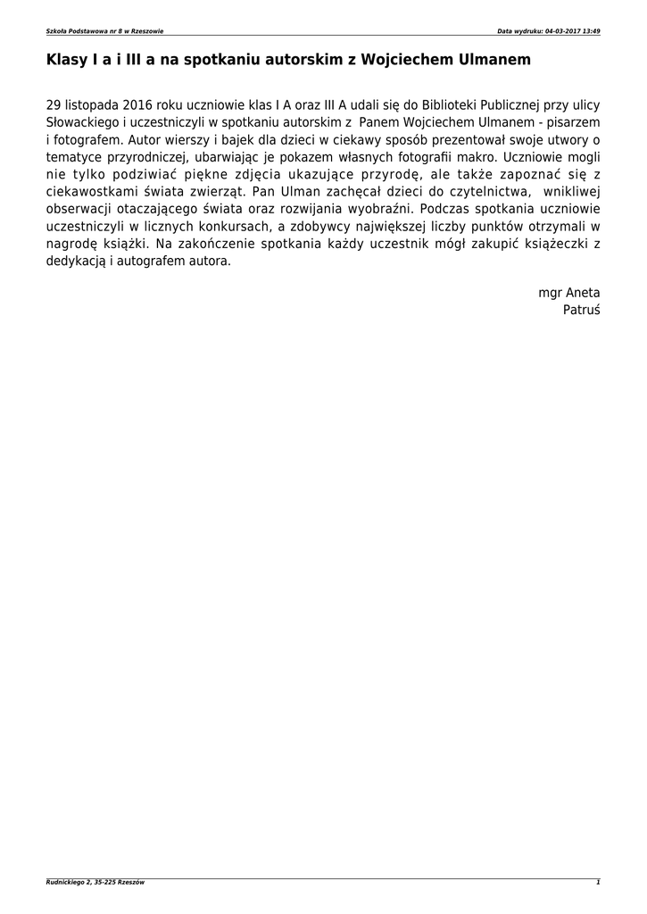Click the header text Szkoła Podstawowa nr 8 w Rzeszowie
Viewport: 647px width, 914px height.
(104, 31)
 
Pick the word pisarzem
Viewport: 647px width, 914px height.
(574, 121)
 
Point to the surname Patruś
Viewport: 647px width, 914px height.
(582, 311)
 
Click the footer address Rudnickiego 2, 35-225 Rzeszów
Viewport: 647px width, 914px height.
(95, 883)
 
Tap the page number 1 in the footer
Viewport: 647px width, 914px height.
(598, 883)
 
